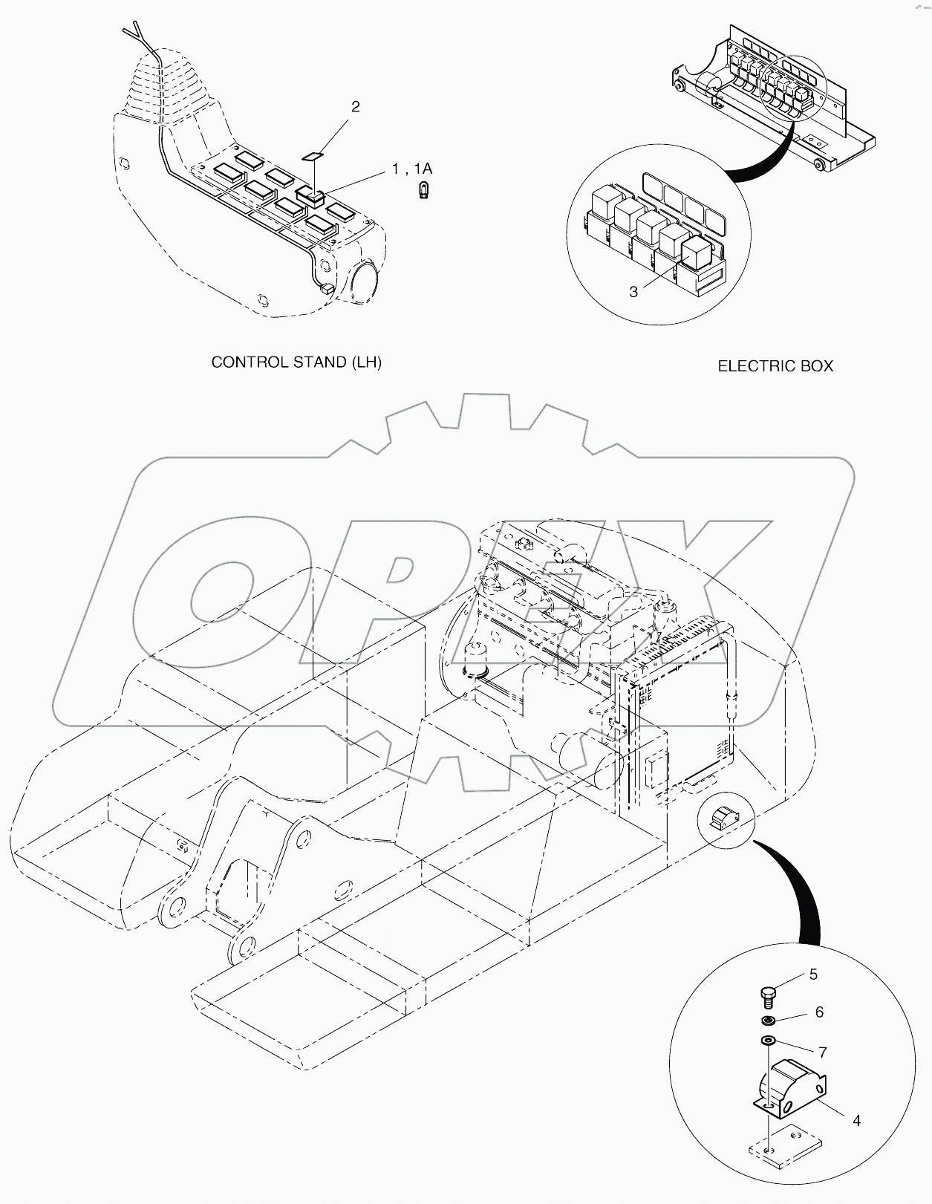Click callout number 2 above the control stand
point(355,107)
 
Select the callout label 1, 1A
point(411,170)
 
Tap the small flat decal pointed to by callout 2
point(313,156)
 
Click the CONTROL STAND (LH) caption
point(296,362)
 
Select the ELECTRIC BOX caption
point(775,366)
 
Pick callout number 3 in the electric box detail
point(633,292)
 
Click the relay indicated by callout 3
point(697,253)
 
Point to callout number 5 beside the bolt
point(813,974)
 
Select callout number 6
point(819,1012)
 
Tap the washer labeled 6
point(769,1020)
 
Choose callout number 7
point(822,1052)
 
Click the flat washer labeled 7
point(768,1041)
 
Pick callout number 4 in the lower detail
point(856,1120)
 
